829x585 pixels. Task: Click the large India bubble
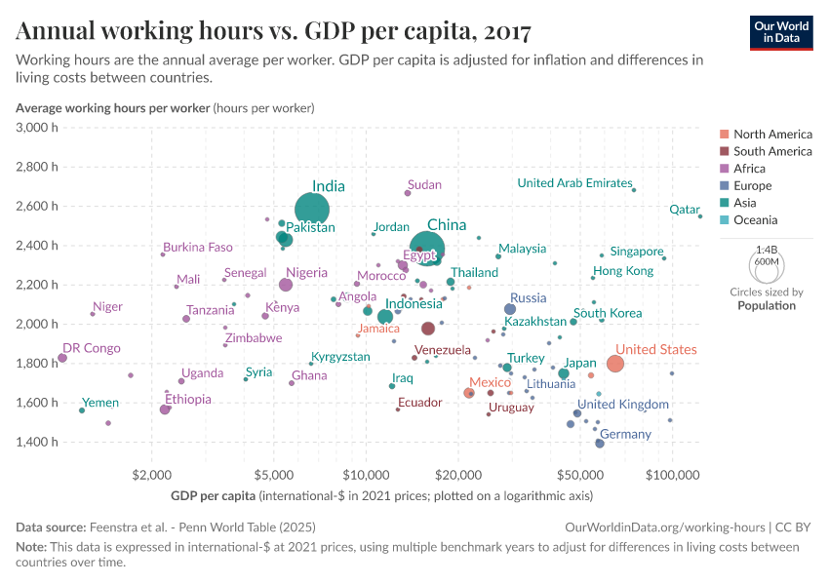311,210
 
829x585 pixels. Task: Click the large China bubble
427,250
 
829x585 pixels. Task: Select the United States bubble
615,364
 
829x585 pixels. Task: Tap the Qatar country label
685,210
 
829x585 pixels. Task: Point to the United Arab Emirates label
574,182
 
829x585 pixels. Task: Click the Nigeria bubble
286,285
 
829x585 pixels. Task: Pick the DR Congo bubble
62,358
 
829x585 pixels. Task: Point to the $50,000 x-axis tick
580,476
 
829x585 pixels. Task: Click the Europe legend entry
752,185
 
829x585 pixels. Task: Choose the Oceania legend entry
756,220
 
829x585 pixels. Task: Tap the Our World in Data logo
781,31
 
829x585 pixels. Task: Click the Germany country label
625,434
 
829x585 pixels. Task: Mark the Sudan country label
424,184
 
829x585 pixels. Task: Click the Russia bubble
510,309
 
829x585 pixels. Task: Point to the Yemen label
100,403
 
